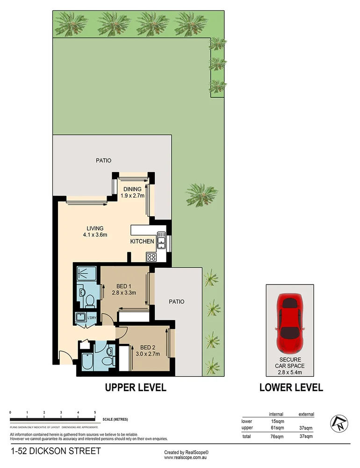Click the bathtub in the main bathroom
[x=86, y=362]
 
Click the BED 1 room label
[x=124, y=286]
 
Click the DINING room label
[x=132, y=189]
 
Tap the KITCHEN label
[x=142, y=241]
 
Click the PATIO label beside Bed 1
[x=177, y=302]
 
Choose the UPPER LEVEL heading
[x=136, y=388]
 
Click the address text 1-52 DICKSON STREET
[x=55, y=452]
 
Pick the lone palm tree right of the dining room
[x=201, y=194]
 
